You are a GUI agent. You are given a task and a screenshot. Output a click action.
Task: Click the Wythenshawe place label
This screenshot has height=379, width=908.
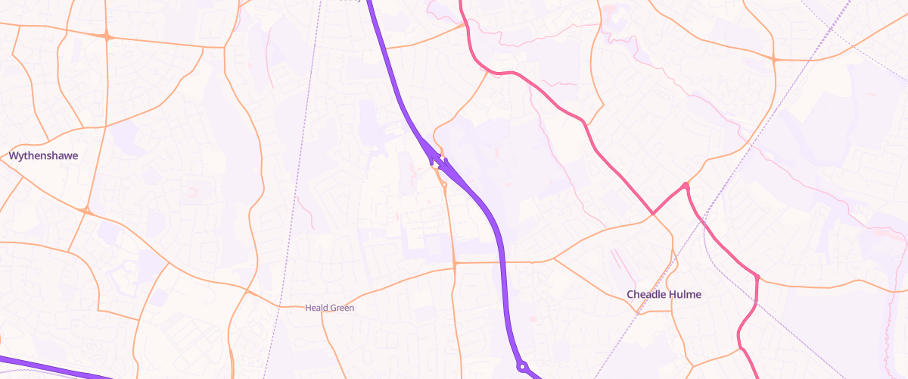43,155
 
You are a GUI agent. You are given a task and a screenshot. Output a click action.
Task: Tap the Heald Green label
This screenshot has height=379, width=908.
329,309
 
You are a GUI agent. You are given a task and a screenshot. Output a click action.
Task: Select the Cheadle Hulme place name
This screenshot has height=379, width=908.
664,294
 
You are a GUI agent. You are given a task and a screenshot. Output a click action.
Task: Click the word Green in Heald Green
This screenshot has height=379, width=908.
342,309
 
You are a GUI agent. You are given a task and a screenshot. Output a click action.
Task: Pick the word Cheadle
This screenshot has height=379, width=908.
645,294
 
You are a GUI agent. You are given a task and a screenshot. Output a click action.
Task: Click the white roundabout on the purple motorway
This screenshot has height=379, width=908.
521,367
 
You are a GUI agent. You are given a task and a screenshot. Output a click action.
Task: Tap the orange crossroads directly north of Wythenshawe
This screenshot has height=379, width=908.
107,36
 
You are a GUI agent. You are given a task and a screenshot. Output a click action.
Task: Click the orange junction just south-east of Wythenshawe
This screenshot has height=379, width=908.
86,211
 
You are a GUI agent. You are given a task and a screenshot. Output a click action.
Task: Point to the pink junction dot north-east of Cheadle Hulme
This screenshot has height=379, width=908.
686,186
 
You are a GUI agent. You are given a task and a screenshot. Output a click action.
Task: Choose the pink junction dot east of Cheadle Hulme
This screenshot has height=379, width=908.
756,277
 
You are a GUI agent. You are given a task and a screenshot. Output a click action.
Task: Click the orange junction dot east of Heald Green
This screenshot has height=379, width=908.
454,264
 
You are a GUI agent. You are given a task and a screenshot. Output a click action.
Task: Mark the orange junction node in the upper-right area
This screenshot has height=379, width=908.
773,59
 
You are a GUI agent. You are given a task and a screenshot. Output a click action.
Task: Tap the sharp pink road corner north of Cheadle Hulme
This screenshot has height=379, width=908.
652,214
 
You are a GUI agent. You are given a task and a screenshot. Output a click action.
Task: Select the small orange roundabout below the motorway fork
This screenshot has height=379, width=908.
443,183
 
